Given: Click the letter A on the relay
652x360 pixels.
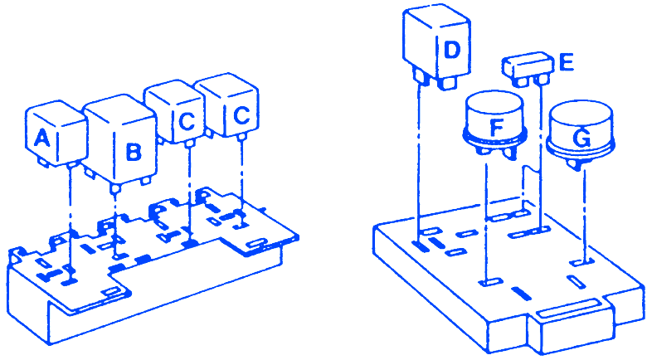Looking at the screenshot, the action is [x=41, y=138].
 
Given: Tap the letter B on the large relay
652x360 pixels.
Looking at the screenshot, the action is [x=133, y=152].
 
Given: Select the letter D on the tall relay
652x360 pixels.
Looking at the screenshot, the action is [x=452, y=51].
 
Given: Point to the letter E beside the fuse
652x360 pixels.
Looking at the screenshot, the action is [x=567, y=62].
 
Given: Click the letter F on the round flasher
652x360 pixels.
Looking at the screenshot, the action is [x=497, y=127].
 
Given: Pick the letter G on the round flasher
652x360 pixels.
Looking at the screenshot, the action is [x=581, y=138].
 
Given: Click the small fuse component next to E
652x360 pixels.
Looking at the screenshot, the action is [x=528, y=68].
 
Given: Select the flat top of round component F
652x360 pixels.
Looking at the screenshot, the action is [x=494, y=102].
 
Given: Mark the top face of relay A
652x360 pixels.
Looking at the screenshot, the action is [x=56, y=114].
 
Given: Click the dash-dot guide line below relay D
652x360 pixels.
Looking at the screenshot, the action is [x=419, y=163].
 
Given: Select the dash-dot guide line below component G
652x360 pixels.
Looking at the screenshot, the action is [x=584, y=213].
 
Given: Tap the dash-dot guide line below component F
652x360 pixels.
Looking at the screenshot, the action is [x=486, y=221].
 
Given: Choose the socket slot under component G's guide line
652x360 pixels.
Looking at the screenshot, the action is [x=579, y=262].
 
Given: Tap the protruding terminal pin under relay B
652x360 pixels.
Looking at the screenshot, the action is [x=115, y=188].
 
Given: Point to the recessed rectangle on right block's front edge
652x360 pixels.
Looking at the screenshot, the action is [x=569, y=309].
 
